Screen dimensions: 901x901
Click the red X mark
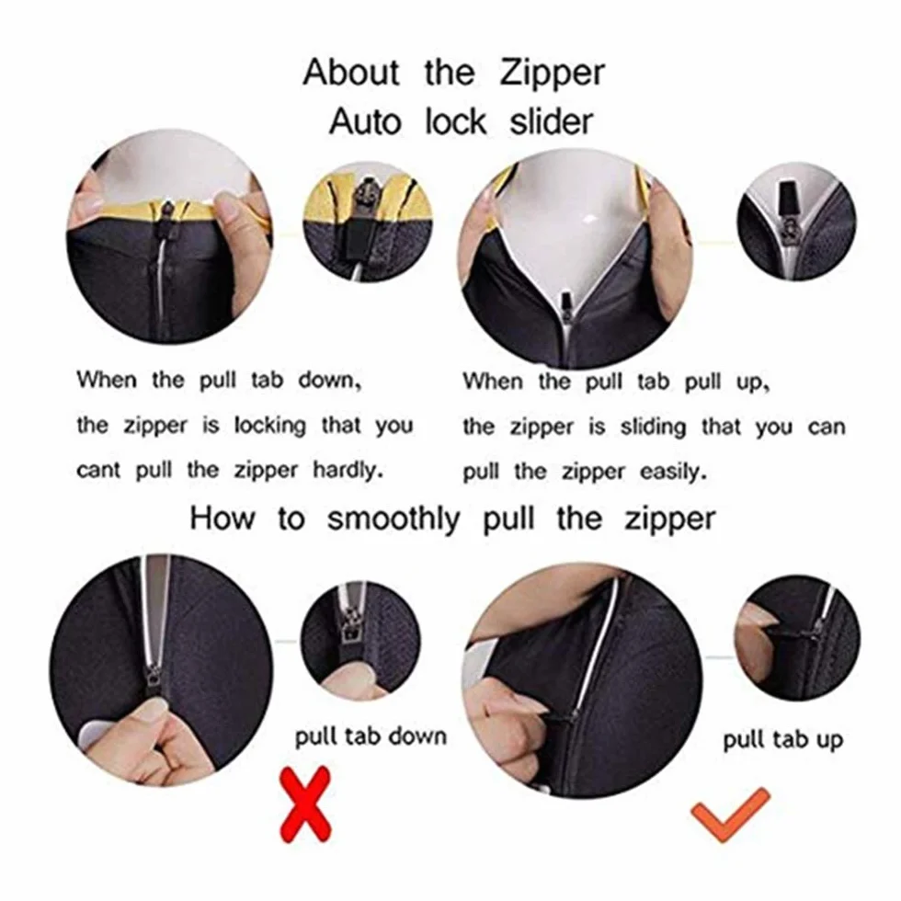click(305, 805)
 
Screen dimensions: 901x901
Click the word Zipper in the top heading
click(553, 74)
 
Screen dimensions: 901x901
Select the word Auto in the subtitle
click(366, 121)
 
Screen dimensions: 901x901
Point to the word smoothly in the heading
click(393, 519)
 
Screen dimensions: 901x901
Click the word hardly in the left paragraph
click(348, 470)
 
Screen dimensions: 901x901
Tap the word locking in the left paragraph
click(269, 427)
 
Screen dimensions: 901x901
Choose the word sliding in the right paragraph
click(653, 428)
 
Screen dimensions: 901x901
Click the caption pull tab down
click(371, 737)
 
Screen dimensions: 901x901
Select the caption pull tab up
click(782, 740)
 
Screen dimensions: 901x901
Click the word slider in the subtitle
click(551, 121)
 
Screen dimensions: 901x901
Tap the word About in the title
click(351, 73)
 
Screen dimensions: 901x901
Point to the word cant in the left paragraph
click(98, 471)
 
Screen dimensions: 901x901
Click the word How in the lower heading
click(222, 518)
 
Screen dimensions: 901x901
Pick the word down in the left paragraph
click(329, 381)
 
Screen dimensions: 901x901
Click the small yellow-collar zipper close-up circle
click(367, 222)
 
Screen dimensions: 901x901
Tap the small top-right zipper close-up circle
click(796, 222)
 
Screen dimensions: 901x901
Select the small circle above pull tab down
click(360, 640)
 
